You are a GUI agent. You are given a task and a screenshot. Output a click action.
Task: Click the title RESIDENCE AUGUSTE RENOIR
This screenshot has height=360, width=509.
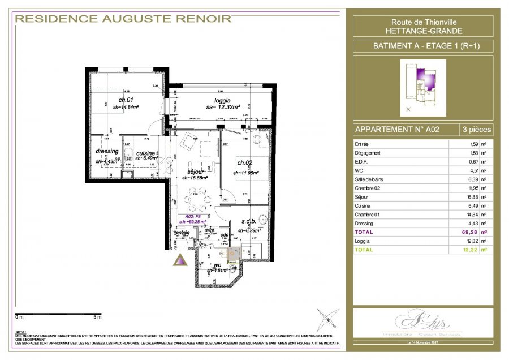click(123, 19)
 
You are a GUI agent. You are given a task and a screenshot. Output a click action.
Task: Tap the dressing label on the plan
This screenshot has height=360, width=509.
click(107, 151)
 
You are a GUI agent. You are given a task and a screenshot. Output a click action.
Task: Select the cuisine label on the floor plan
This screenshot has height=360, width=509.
click(145, 153)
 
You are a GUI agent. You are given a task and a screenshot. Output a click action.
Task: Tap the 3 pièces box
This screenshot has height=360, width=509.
click(476, 129)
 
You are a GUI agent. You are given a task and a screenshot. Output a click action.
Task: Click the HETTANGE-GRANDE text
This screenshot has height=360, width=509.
click(422, 30)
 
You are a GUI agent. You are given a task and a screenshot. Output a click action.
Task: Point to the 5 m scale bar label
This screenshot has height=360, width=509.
click(97, 316)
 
